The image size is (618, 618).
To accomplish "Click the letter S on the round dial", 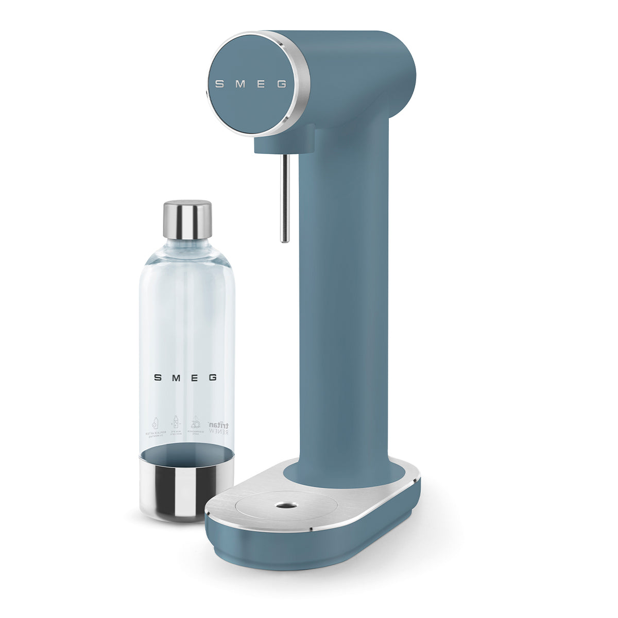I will pyautogui.click(x=219, y=84).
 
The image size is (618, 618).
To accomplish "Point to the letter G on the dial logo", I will pyautogui.click(x=282, y=84).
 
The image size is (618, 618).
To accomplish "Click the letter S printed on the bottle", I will pyautogui.click(x=158, y=377).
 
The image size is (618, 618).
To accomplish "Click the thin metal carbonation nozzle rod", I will pyautogui.click(x=284, y=196).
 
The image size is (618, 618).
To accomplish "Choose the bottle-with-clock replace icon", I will pyautogui.click(x=154, y=426).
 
